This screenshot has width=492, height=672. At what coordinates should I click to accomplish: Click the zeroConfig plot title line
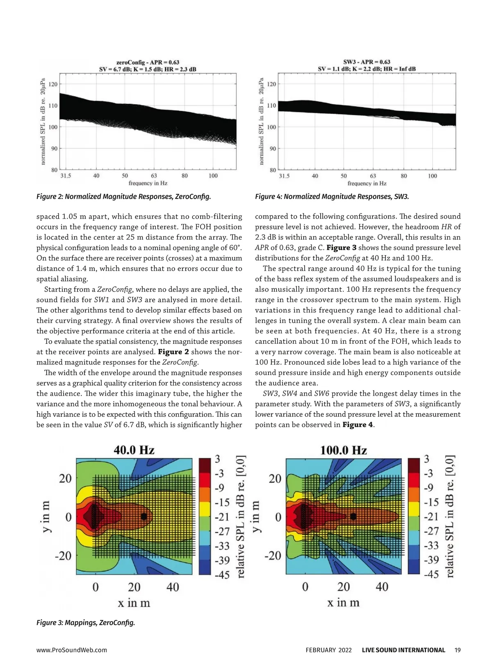[148, 62]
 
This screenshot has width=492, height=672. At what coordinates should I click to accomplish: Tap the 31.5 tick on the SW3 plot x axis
[284, 176]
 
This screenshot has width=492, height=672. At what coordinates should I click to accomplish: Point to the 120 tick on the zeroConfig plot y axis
[53, 84]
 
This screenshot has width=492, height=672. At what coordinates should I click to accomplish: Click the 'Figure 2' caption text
[123, 197]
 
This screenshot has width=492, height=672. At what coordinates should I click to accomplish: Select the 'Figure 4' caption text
[332, 197]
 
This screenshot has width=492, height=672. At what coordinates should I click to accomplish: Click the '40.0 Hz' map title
[134, 450]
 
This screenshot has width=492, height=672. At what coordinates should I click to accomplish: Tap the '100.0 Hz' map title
[343, 450]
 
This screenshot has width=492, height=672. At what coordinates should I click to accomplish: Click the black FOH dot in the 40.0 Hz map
[144, 517]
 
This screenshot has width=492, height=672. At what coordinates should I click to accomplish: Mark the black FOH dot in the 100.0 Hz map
[353, 517]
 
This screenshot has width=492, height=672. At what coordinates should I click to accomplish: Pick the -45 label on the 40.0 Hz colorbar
[222, 574]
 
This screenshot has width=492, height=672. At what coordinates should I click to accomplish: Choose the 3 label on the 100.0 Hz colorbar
[427, 459]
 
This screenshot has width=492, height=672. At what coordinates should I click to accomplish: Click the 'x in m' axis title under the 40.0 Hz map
[134, 603]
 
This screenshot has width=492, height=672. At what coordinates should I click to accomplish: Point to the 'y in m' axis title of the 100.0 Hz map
[256, 517]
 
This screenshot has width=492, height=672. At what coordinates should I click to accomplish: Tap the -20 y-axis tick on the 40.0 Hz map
[63, 556]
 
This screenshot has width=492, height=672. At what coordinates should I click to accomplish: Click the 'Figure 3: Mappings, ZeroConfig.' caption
[86, 622]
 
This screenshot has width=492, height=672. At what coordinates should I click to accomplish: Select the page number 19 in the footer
[458, 650]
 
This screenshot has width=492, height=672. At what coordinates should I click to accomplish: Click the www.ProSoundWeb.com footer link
[72, 650]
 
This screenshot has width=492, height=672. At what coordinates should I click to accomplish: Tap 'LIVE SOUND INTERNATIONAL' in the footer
[403, 650]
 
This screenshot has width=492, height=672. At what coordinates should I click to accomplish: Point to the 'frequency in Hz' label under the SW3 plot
[367, 183]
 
